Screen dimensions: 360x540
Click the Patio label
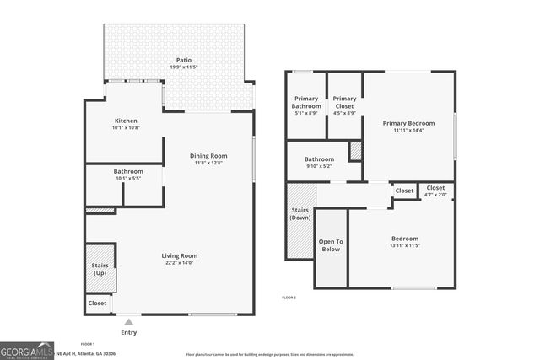[x=184, y=61]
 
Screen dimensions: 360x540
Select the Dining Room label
[x=208, y=155]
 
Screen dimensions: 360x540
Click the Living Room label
[x=180, y=255]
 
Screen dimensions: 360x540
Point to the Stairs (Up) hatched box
[x=100, y=269]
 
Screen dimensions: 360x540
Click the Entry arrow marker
[x=128, y=321]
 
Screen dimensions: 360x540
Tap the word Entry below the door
[x=128, y=332]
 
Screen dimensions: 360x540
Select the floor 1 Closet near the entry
[x=98, y=303]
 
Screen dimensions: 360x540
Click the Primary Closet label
[x=344, y=103]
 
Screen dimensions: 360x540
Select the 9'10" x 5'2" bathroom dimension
[x=319, y=166]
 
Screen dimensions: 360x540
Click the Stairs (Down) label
[x=300, y=214]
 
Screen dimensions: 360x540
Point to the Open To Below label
[x=330, y=245]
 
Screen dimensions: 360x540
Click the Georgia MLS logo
[x=24, y=349]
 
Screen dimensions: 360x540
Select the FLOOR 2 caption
[x=289, y=298]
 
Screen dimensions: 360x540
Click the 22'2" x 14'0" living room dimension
[x=180, y=263]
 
